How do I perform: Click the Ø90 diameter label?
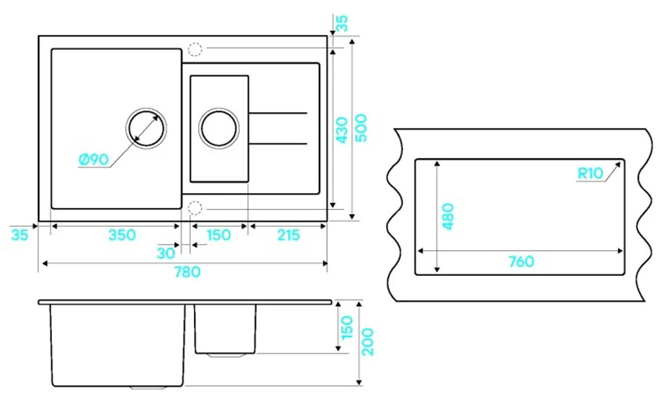(94, 160)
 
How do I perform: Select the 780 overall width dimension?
(187, 272)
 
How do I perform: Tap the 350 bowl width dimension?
(122, 235)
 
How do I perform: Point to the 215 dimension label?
(289, 235)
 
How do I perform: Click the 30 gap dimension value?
(166, 253)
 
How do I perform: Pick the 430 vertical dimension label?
(342, 130)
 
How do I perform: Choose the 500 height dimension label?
(361, 128)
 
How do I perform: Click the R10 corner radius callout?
(590, 173)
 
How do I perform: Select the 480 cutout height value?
(448, 217)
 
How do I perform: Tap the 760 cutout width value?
(521, 261)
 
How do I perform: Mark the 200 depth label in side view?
(367, 342)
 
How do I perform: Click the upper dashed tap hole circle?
(195, 49)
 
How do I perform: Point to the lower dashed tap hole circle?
(195, 208)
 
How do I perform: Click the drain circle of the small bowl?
(219, 128)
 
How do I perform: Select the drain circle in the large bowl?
(146, 128)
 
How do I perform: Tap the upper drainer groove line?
(278, 113)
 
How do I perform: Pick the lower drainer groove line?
(278, 144)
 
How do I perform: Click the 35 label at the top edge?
(342, 23)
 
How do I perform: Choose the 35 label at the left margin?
(19, 235)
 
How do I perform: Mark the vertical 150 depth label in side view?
(347, 327)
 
